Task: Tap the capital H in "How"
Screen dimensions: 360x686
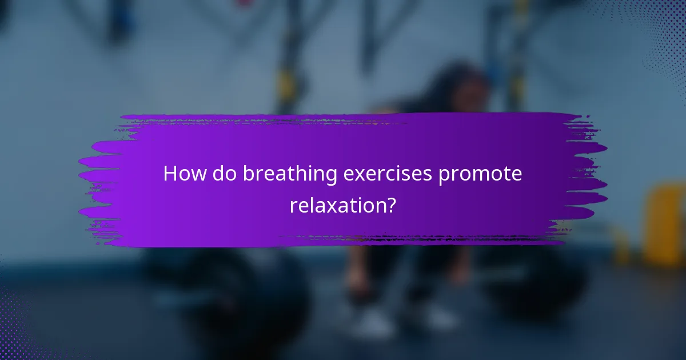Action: click(x=170, y=174)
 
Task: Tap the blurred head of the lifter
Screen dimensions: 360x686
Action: click(x=452, y=86)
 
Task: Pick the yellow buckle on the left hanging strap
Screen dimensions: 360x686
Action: click(x=286, y=86)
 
